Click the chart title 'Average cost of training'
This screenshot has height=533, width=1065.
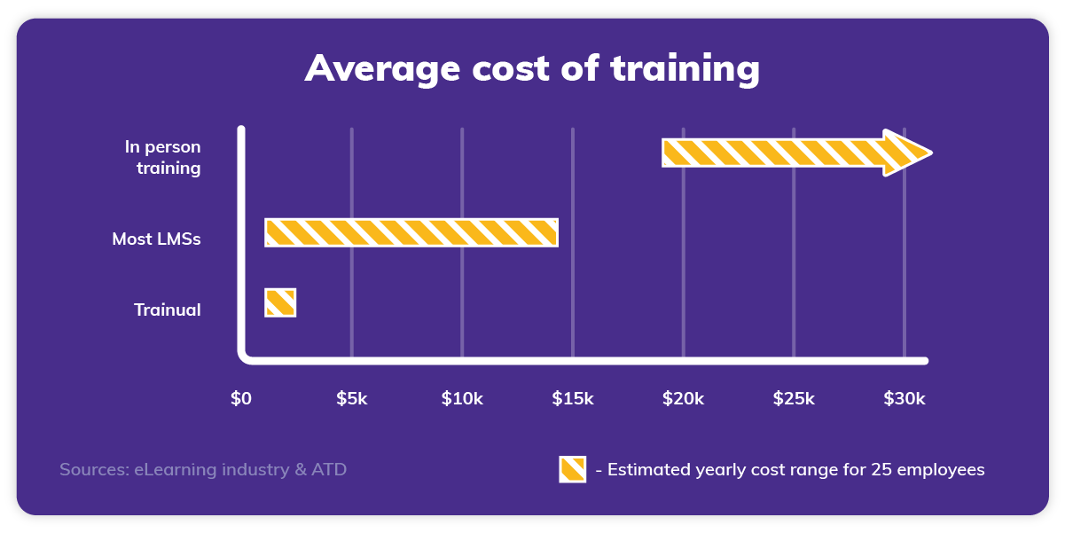tap(532, 68)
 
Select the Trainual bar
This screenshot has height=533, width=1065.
tap(280, 302)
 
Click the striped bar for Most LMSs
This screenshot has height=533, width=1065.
tap(411, 232)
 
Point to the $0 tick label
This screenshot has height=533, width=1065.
tap(241, 399)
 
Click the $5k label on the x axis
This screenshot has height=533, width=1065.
tap(351, 399)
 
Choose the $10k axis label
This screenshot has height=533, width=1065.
tap(462, 399)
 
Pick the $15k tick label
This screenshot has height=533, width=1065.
tap(572, 399)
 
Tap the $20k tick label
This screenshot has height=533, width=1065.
tap(683, 399)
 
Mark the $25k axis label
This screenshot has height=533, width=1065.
tap(793, 399)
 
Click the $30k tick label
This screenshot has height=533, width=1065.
tap(904, 399)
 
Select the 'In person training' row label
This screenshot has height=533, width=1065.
tap(163, 157)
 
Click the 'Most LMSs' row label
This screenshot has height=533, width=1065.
tap(156, 239)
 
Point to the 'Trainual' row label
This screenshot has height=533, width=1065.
tap(167, 310)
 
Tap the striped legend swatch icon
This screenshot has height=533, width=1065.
tap(572, 469)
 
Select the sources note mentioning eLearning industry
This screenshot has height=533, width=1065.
tap(203, 469)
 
